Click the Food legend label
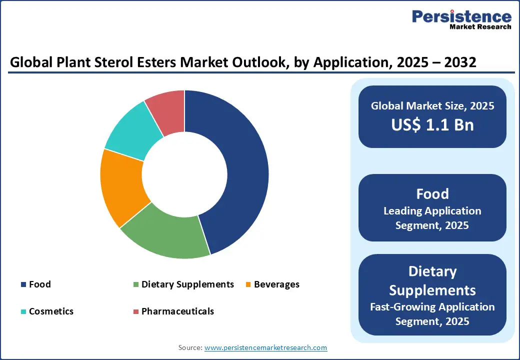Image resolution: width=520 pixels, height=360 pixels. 40,284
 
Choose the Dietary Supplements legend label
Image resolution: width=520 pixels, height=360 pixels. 187,284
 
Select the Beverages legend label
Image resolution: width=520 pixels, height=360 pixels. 276,284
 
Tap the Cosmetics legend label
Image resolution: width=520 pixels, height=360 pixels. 51,311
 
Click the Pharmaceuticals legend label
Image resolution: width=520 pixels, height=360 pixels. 177,311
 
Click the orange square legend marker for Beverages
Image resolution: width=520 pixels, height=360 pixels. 248,285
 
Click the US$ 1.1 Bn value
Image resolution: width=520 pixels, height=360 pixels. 432,125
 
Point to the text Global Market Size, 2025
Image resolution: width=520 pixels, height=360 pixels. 432,106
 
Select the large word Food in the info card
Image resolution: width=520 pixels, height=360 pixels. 432,194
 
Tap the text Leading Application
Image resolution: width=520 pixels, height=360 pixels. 432,211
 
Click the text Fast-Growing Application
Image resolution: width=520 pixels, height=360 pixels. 432,306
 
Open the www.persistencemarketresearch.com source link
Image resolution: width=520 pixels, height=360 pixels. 265,347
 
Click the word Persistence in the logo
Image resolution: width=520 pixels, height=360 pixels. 461,17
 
